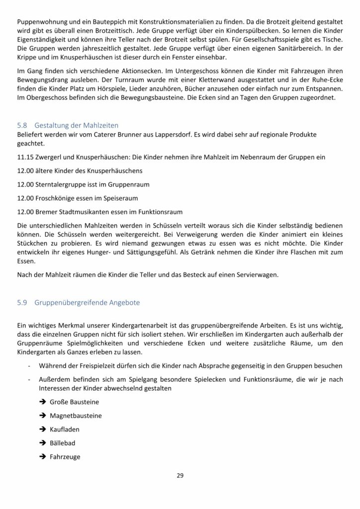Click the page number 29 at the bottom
pos(180,476)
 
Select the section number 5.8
pos(22,125)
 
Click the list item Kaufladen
pos(64,428)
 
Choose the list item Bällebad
pos(62,442)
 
